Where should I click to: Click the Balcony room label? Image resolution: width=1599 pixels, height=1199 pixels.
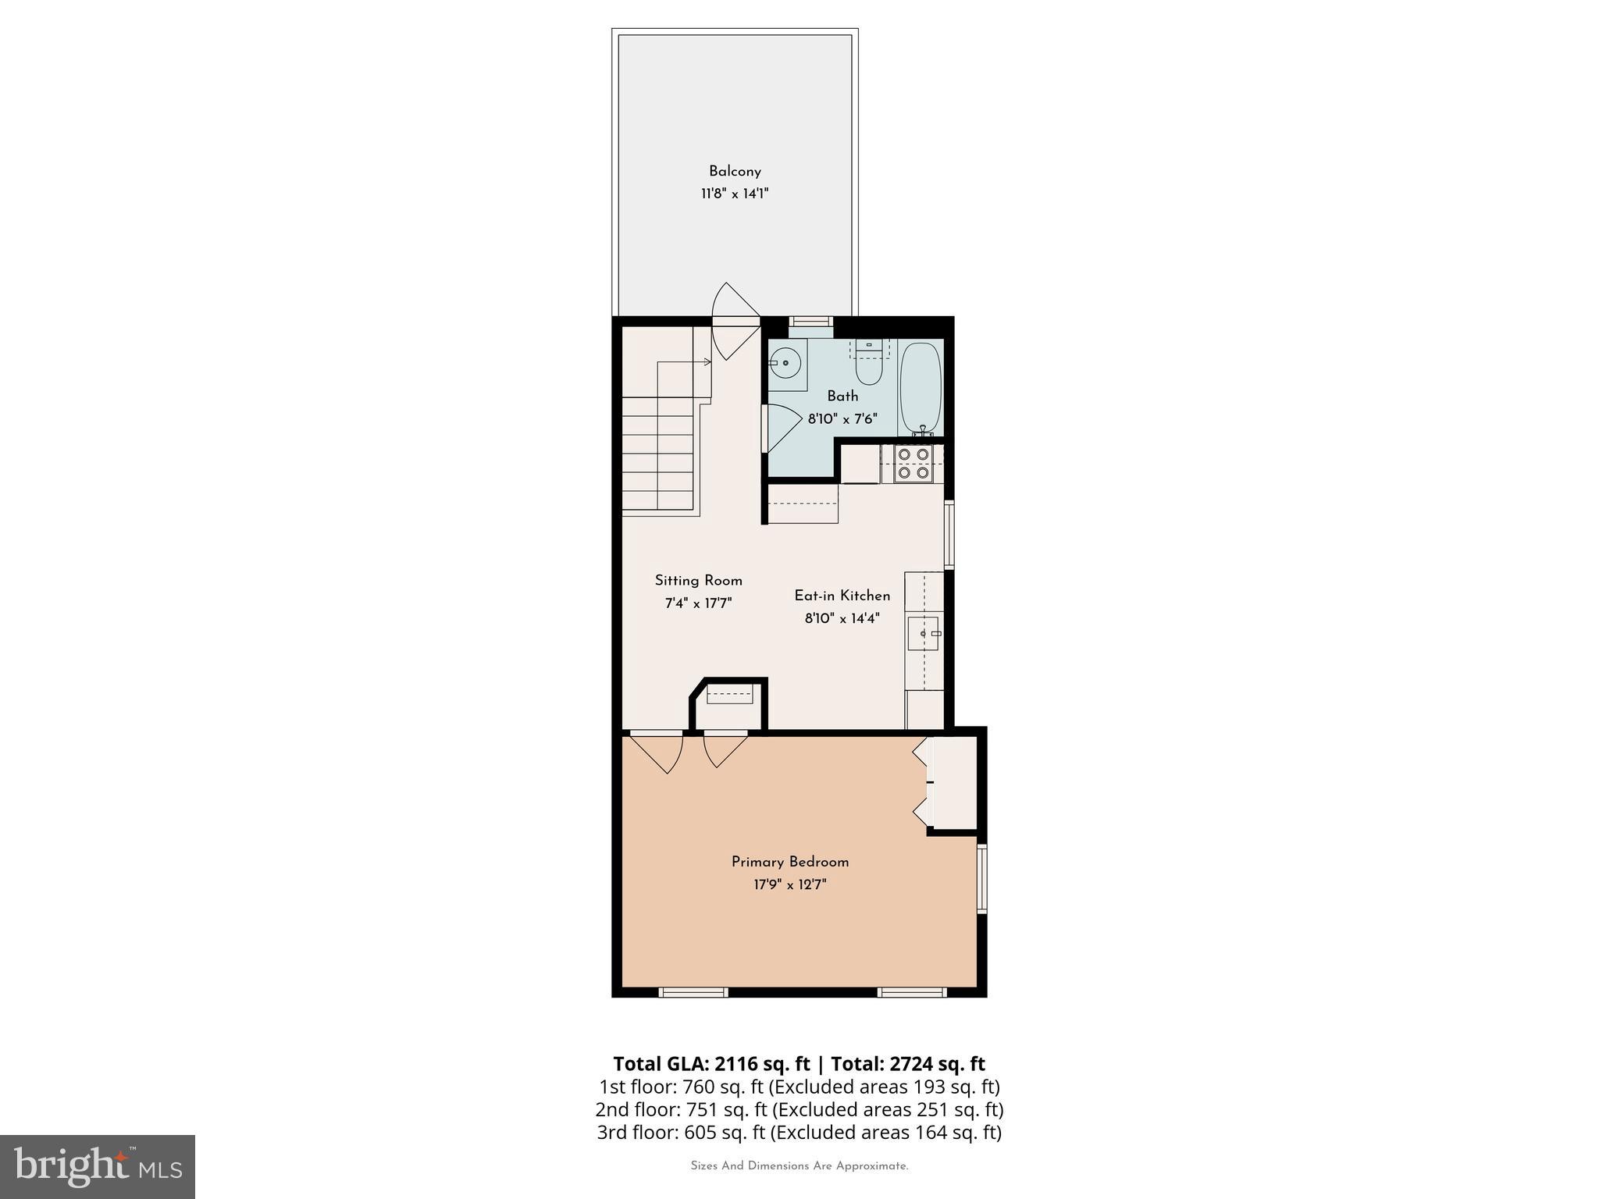tap(735, 171)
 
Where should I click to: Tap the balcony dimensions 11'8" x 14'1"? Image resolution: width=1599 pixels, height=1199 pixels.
tap(735, 194)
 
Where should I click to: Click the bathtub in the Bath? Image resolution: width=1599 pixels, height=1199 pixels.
tap(921, 389)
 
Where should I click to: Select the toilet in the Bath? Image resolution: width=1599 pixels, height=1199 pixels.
tap(868, 362)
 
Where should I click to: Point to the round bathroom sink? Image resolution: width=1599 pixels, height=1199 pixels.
tap(784, 362)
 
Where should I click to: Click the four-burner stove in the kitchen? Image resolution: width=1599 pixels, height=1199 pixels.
tap(913, 464)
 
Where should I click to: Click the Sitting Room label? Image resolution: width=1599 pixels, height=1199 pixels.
tap(698, 581)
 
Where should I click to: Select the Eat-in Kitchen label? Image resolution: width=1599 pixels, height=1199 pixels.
tap(842, 596)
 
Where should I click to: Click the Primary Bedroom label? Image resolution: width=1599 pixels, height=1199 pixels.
tap(790, 862)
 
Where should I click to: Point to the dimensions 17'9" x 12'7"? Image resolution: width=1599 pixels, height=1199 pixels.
tap(790, 884)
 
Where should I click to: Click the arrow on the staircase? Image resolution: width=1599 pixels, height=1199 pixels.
tap(684, 362)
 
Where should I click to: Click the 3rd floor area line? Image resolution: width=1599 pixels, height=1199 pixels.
tap(799, 1132)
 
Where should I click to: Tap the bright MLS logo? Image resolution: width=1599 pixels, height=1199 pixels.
tap(98, 1166)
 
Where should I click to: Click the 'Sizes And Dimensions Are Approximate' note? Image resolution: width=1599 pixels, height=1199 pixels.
tap(799, 1166)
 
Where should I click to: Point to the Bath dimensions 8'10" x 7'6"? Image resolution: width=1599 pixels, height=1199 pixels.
tap(842, 419)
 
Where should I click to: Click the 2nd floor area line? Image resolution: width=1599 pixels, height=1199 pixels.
tap(799, 1109)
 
